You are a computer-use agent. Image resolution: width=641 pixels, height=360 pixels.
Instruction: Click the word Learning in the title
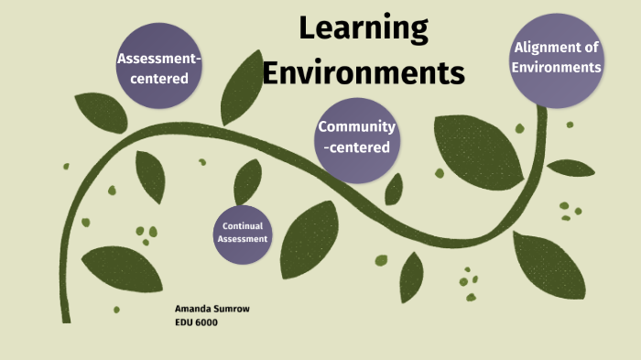pyautogui.click(x=364, y=28)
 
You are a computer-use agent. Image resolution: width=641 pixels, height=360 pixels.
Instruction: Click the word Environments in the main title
pyautogui.click(x=364, y=71)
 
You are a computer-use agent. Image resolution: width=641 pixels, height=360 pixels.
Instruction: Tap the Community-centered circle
pyautogui.click(x=356, y=137)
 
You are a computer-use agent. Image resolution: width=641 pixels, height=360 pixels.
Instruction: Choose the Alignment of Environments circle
pyautogui.click(x=557, y=58)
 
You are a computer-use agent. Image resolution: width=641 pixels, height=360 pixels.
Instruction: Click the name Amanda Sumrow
pyautogui.click(x=212, y=309)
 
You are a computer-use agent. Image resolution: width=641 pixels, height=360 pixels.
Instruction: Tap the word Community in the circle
pyautogui.click(x=356, y=126)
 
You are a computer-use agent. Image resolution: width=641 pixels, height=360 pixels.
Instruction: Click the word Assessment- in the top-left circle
pyautogui.click(x=158, y=60)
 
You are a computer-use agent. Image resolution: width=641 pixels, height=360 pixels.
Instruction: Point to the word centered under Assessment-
pyautogui.click(x=158, y=78)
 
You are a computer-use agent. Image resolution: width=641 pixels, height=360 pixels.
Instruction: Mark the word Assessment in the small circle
pyautogui.click(x=243, y=239)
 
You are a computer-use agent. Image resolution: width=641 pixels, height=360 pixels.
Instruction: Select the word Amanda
pyautogui.click(x=192, y=309)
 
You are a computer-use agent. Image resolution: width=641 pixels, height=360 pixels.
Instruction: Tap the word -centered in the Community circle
pyautogui.click(x=356, y=147)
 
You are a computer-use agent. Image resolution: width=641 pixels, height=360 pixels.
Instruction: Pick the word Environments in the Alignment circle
pyautogui.click(x=557, y=67)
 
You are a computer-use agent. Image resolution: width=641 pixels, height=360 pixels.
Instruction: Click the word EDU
pyautogui.click(x=183, y=322)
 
